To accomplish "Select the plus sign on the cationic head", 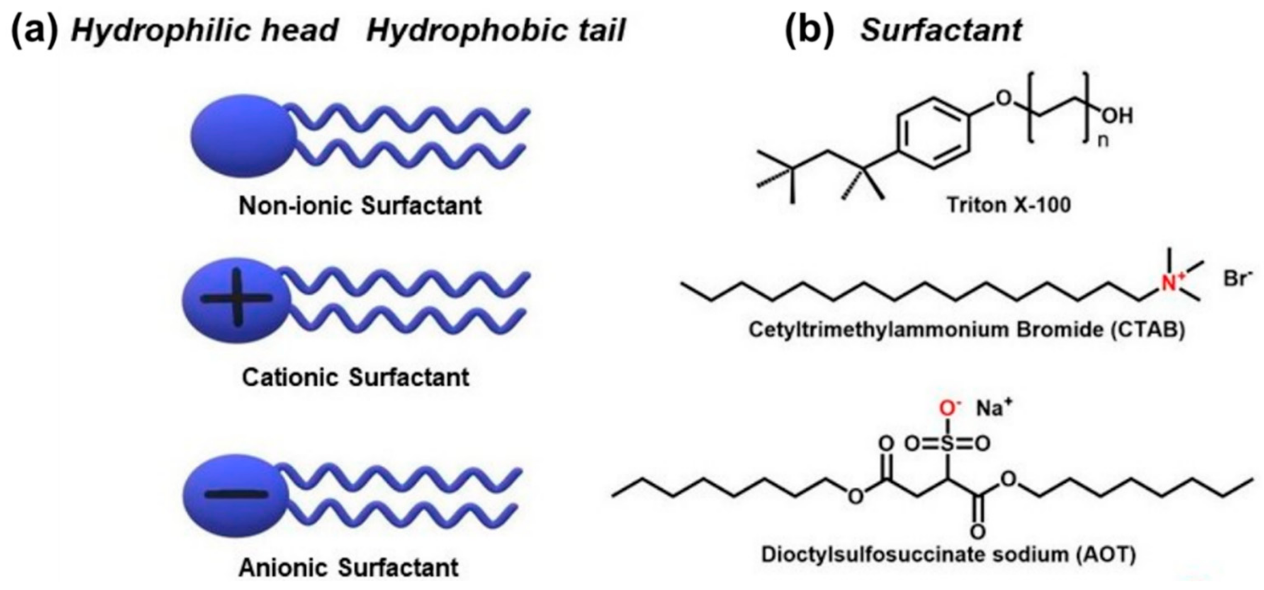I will (236, 298).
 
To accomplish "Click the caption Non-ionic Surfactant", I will (360, 206).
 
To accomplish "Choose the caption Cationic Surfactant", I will (356, 377).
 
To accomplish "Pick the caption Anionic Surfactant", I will (348, 568).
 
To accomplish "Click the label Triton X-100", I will (1009, 205).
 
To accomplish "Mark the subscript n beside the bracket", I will (1103, 141).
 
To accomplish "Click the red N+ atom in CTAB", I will (1170, 283).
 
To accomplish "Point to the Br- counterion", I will (1237, 278).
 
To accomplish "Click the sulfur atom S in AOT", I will (948, 444).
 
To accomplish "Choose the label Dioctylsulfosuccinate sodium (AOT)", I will (948, 555).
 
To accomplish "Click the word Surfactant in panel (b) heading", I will (941, 30).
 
